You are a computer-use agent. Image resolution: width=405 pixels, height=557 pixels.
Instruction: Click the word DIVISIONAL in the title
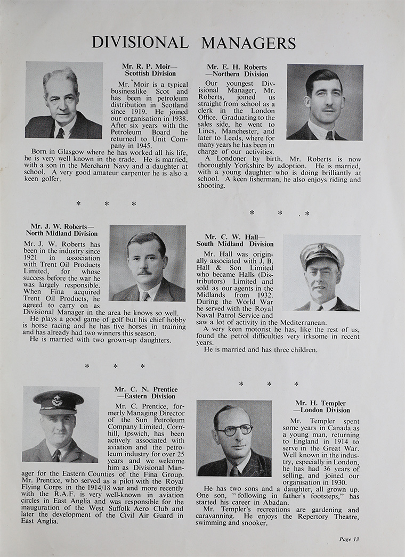click(x=140, y=43)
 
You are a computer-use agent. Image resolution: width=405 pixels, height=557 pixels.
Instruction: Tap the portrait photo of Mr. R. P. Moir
click(x=64, y=100)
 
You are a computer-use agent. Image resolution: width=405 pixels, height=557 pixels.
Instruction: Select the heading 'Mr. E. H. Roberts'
click(x=237, y=67)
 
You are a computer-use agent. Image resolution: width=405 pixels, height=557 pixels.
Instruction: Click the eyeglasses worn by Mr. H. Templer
click(x=234, y=429)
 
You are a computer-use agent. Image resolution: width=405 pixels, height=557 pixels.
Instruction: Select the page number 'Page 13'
click(x=349, y=539)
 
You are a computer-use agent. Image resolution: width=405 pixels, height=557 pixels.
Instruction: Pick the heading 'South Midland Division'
click(x=235, y=244)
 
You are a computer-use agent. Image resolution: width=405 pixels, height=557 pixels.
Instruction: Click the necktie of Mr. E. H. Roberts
click(x=329, y=135)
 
